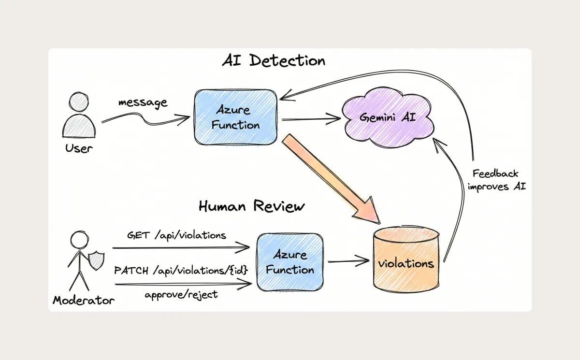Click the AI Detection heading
pos(274,61)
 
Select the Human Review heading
pos(251,206)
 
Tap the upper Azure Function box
pos(235,118)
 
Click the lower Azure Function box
pos(290,262)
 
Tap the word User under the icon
pos(78,148)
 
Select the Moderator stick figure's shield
pos(97,261)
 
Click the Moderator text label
pos(83,301)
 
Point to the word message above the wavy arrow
pos(143,102)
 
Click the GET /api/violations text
pos(176,236)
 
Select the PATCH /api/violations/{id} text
pos(181,271)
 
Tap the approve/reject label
pos(181,294)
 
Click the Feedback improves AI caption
pos(496,180)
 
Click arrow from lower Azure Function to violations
pos(348,262)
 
